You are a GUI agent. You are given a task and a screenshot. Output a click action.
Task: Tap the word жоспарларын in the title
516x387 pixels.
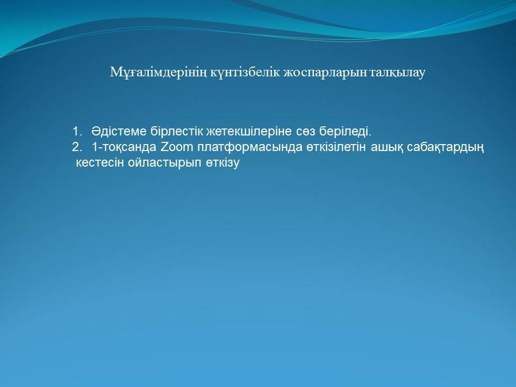(325, 73)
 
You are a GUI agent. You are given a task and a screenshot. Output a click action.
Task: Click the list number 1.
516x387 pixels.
(76, 131)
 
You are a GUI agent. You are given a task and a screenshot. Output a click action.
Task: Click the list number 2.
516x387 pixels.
(76, 147)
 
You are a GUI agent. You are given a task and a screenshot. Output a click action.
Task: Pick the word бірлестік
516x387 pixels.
(177, 131)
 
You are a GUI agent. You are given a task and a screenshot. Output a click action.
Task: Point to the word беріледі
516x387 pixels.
(346, 132)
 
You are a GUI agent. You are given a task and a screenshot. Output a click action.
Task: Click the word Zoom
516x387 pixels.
(177, 147)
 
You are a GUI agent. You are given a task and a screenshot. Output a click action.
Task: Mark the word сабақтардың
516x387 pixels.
(446, 147)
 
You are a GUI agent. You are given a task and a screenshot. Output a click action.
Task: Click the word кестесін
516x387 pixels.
(100, 162)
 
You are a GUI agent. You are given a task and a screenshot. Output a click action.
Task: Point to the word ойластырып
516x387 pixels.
(164, 163)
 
